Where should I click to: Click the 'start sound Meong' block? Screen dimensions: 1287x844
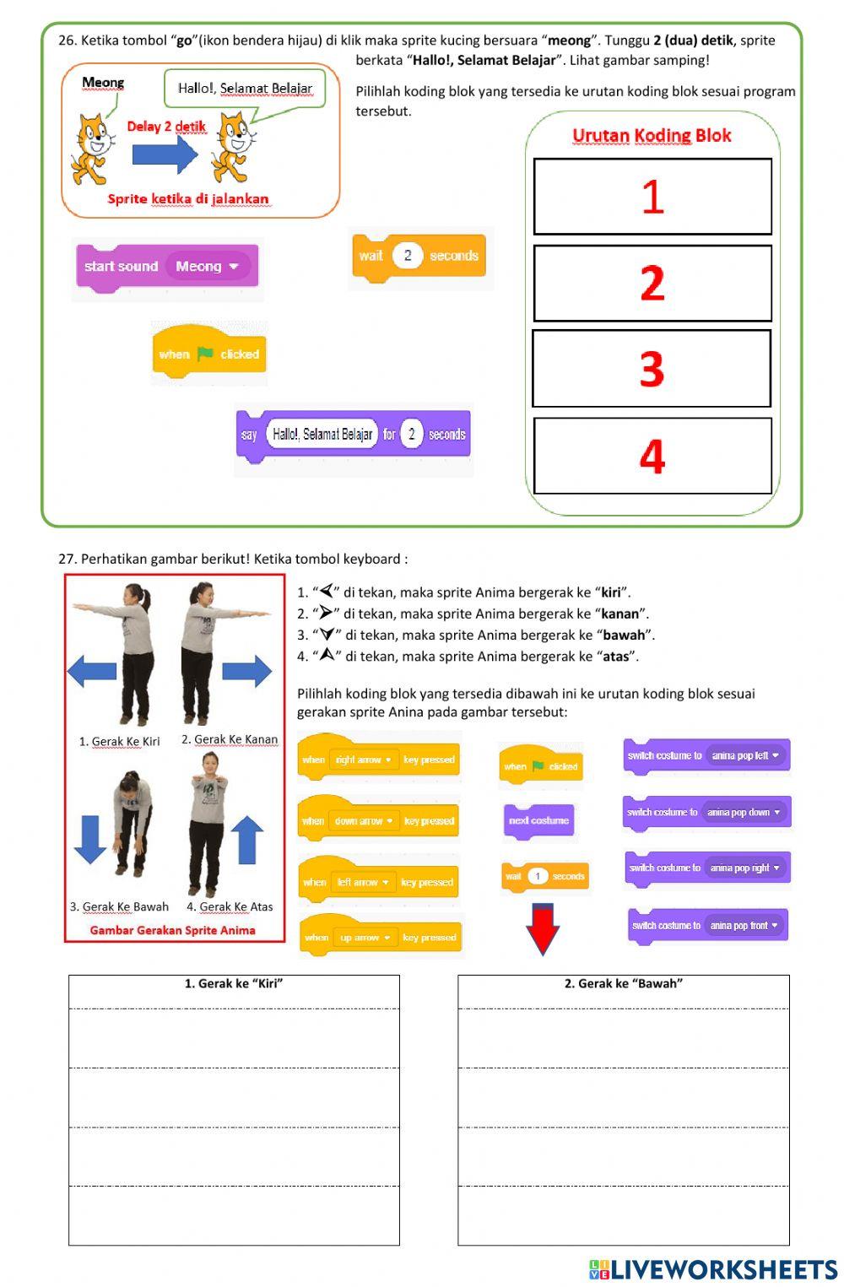click(167, 267)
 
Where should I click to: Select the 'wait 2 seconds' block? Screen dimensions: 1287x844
click(419, 256)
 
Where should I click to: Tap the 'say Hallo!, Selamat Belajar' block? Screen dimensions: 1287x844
click(353, 435)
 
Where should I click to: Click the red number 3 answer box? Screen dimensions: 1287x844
click(652, 369)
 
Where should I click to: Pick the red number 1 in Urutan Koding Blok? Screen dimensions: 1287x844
click(652, 197)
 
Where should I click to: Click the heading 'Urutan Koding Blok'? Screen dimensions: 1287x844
click(652, 135)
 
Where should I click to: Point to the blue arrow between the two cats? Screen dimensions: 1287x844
click(165, 154)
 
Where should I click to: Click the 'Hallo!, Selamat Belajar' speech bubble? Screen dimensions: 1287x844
click(245, 88)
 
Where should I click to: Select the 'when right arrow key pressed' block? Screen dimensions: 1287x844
click(379, 760)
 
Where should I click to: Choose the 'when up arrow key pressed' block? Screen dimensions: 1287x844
click(381, 937)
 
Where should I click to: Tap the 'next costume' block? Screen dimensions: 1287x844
click(538, 820)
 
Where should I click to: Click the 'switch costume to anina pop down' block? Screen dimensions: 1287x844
click(706, 812)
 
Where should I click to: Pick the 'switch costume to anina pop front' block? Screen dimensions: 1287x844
click(707, 925)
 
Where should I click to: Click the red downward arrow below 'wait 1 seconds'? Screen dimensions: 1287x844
click(543, 928)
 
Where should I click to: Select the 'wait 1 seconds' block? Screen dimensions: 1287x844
click(544, 876)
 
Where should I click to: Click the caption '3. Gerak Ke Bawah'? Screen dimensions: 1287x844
click(119, 906)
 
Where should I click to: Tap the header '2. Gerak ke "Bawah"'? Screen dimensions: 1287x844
click(623, 983)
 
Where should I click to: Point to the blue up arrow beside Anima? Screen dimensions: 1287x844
click(247, 839)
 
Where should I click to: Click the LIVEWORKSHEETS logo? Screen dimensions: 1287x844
click(713, 1269)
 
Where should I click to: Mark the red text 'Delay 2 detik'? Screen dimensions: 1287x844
click(166, 127)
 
